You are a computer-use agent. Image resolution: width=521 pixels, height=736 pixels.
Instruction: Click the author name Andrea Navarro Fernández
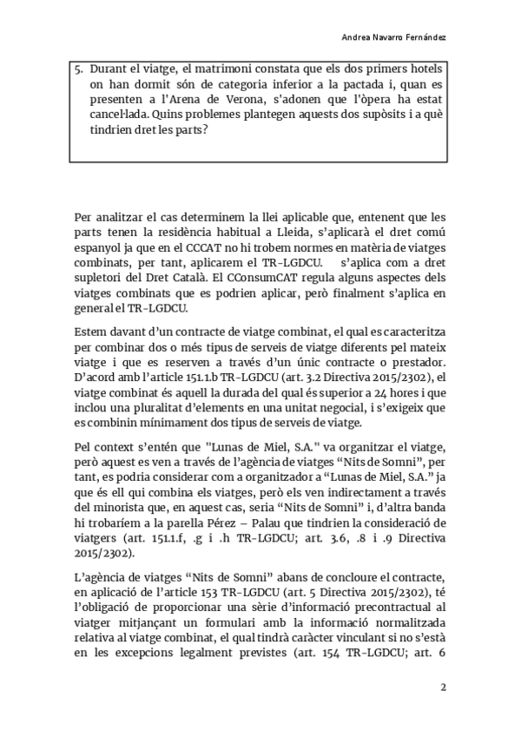[397, 38]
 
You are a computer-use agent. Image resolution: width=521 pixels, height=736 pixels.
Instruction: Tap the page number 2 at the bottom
[443, 688]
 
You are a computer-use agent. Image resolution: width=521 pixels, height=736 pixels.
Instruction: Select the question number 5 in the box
[79, 69]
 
